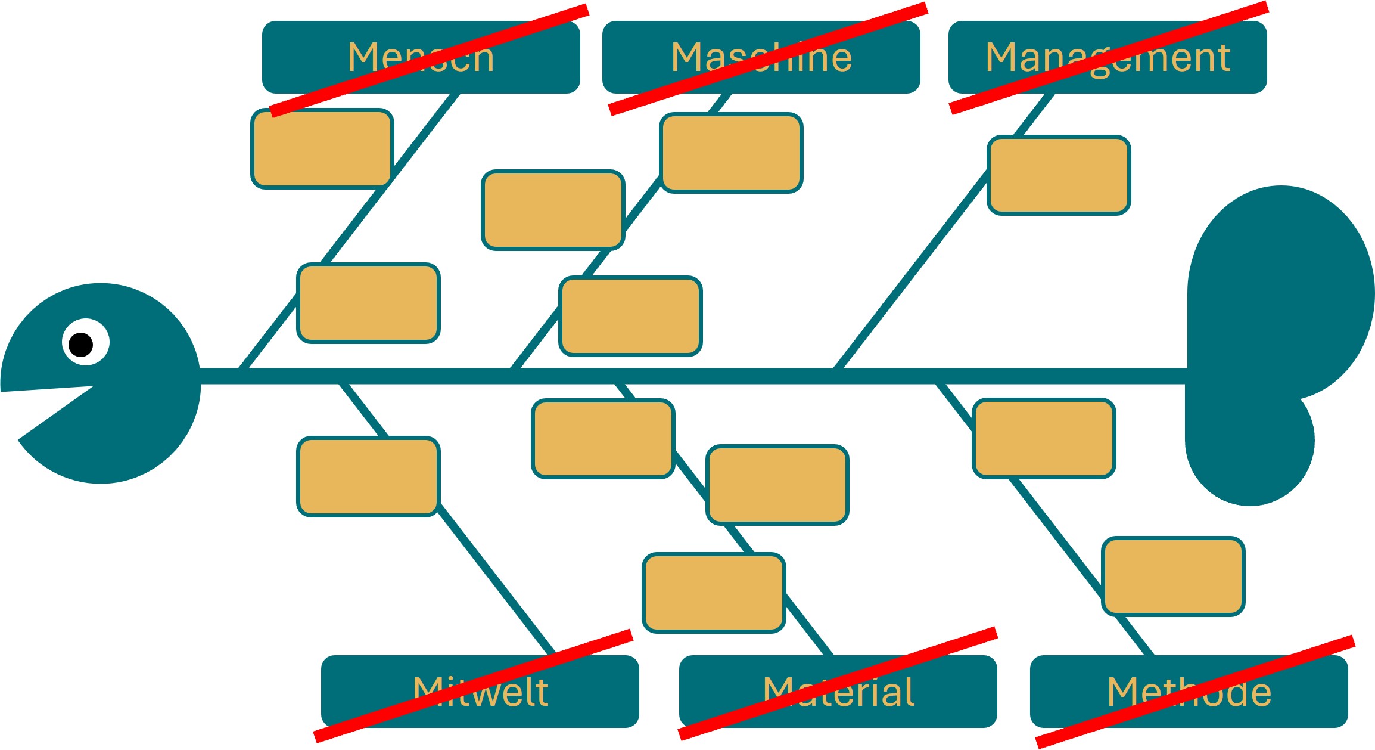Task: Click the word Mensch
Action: coord(421,57)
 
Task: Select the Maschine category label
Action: coord(761,57)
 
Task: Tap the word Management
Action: coord(1107,57)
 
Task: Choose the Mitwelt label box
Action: coord(480,692)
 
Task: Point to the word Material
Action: coord(838,692)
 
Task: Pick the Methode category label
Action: coord(1189,692)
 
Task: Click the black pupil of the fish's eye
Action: coord(81,345)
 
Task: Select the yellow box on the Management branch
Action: coord(1059,175)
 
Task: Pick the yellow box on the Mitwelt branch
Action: coord(368,476)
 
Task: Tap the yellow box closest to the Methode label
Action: coord(1173,576)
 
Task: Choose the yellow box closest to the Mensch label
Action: coord(322,148)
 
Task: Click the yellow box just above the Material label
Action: coord(714,593)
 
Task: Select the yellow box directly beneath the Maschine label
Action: coord(732,153)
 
